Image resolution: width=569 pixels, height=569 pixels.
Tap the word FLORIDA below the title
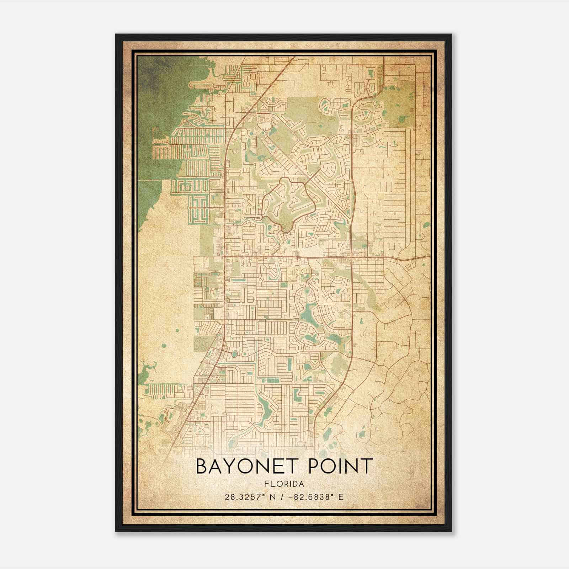point(284,484)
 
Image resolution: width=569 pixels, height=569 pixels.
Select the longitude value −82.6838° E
point(317,497)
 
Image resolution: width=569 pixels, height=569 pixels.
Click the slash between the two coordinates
point(283,497)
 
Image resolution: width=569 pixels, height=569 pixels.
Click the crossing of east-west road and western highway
point(225,255)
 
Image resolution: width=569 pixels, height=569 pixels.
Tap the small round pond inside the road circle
point(235,354)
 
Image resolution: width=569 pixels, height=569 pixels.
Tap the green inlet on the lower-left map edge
point(146,373)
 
